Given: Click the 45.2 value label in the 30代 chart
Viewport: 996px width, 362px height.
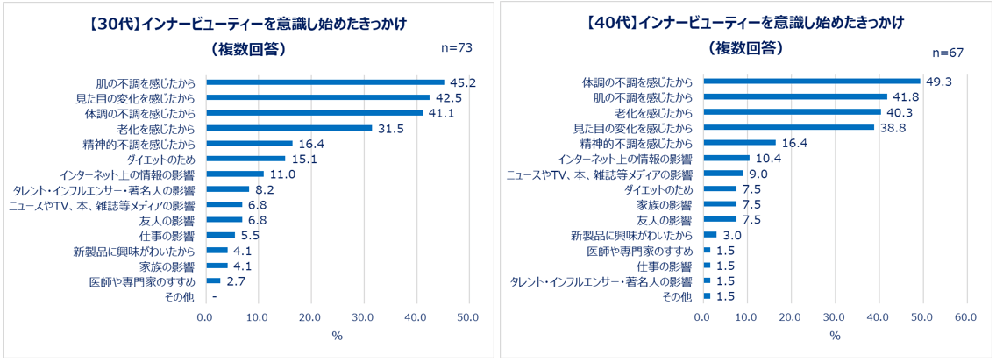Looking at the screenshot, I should [461, 82].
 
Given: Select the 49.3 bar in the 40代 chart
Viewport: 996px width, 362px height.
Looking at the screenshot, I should [812, 82].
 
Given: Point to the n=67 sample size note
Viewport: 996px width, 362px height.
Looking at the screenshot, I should [948, 53].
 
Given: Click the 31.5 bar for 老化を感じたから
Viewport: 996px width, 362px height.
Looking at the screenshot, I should [288, 128].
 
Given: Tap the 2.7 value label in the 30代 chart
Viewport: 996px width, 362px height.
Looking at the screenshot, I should [236, 281].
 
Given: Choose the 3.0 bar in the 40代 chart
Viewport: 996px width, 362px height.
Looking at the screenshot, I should [710, 235].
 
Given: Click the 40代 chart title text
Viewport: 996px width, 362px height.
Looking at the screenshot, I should [747, 20].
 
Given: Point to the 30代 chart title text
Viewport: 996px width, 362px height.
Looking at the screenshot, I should [249, 20].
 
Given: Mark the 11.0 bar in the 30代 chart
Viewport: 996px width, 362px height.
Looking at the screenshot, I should [235, 174].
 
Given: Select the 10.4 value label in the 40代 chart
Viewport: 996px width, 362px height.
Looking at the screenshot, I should [768, 158].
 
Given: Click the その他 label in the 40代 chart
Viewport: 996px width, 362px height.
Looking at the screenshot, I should [678, 296].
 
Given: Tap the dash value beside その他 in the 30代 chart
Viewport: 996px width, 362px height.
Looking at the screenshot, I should [214, 297].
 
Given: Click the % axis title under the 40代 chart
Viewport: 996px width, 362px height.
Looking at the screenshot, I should [835, 337].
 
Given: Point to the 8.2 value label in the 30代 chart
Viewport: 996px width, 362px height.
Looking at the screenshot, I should [266, 189].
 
